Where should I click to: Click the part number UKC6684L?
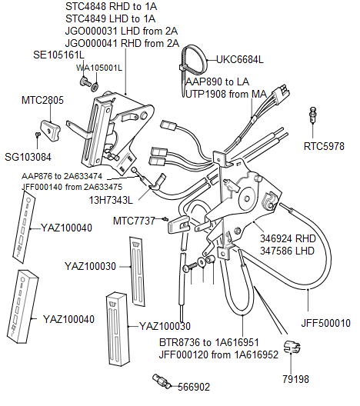click(x=239, y=59)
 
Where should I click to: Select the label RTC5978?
click(x=324, y=145)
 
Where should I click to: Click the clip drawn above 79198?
click(x=289, y=347)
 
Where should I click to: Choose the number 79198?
click(x=296, y=378)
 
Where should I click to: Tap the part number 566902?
click(x=193, y=387)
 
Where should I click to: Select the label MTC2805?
click(x=42, y=100)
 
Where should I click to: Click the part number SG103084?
click(x=28, y=157)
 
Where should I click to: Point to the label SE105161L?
click(x=58, y=55)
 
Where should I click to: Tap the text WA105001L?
click(x=99, y=68)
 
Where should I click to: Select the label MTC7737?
click(x=134, y=221)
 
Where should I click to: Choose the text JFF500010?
click(x=325, y=323)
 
